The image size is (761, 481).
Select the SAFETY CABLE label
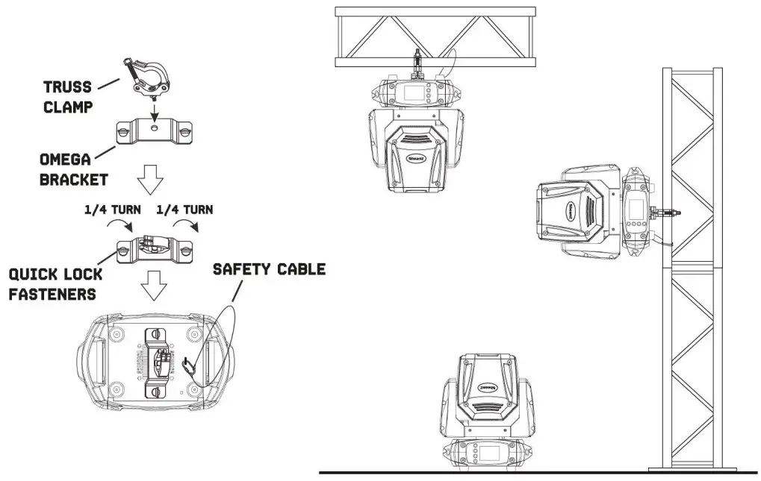[x=270, y=268]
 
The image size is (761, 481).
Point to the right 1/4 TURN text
[x=184, y=210]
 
